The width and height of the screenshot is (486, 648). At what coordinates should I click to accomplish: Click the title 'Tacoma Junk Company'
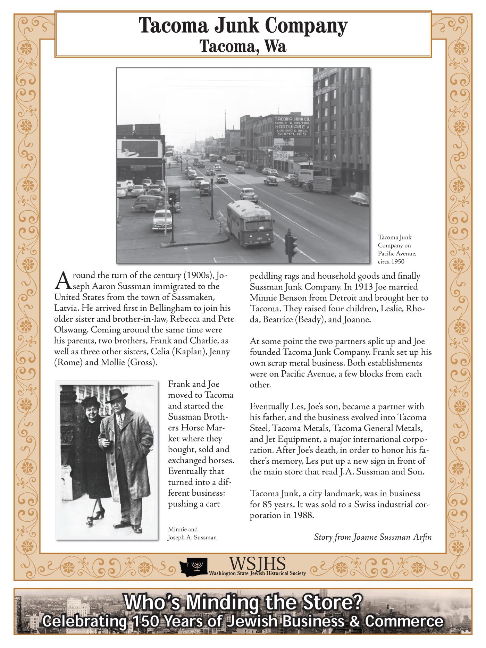(x=243, y=25)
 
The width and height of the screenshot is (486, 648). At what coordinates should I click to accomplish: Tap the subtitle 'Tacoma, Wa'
(x=243, y=46)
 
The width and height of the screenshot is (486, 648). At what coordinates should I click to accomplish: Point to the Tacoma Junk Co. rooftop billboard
(x=292, y=127)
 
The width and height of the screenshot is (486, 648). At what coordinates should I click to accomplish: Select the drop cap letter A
(x=61, y=281)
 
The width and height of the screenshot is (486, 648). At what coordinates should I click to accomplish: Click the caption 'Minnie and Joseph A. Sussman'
(x=192, y=533)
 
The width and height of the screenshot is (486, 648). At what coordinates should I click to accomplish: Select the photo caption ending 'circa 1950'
(x=397, y=249)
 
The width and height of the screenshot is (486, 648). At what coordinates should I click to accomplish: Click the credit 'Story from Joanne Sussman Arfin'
(x=372, y=537)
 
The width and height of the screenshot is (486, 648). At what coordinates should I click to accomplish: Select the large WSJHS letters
(x=257, y=564)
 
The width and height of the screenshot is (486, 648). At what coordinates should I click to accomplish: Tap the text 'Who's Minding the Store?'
(x=243, y=602)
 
